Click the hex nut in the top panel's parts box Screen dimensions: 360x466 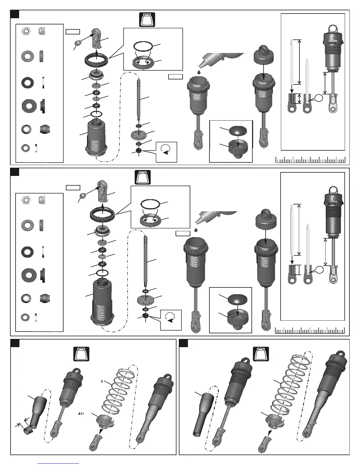pos(26,31)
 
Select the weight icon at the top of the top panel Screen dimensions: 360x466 pos(147,20)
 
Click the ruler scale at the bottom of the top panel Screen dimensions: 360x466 pos(310,160)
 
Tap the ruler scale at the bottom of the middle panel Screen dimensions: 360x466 pos(310,331)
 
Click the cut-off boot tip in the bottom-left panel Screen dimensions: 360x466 pos(28,431)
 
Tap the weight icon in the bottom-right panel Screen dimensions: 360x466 pos(261,354)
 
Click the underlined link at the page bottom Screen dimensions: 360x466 pos(59,463)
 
